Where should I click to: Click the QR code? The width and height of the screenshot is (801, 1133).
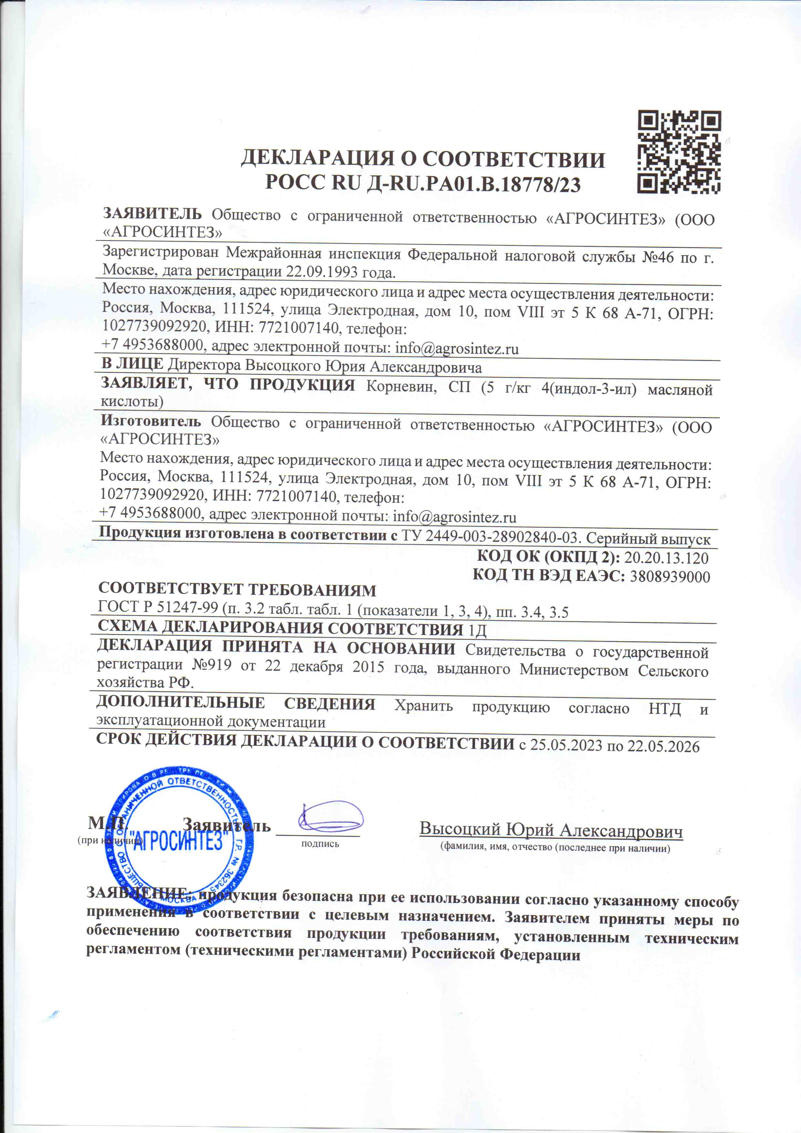[679, 152]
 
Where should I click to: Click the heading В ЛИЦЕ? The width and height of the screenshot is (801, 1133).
[132, 364]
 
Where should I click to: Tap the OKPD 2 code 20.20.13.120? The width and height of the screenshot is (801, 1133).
[666, 558]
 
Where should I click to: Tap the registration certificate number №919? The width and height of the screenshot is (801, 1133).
[211, 665]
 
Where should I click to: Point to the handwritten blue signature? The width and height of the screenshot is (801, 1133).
[329, 816]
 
